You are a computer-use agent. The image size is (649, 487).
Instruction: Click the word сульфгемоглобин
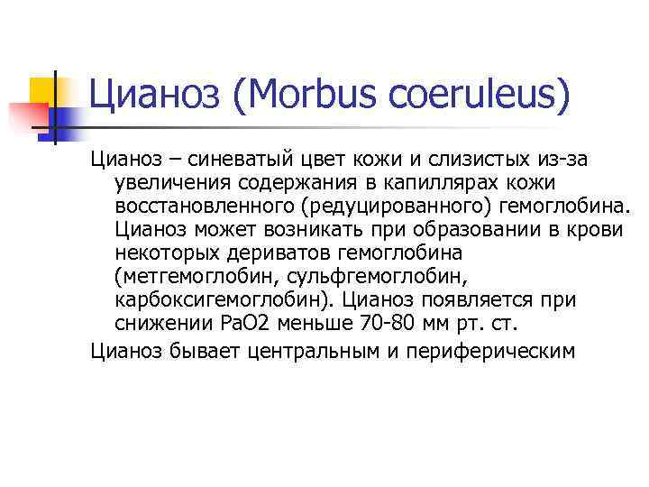click(379, 276)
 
